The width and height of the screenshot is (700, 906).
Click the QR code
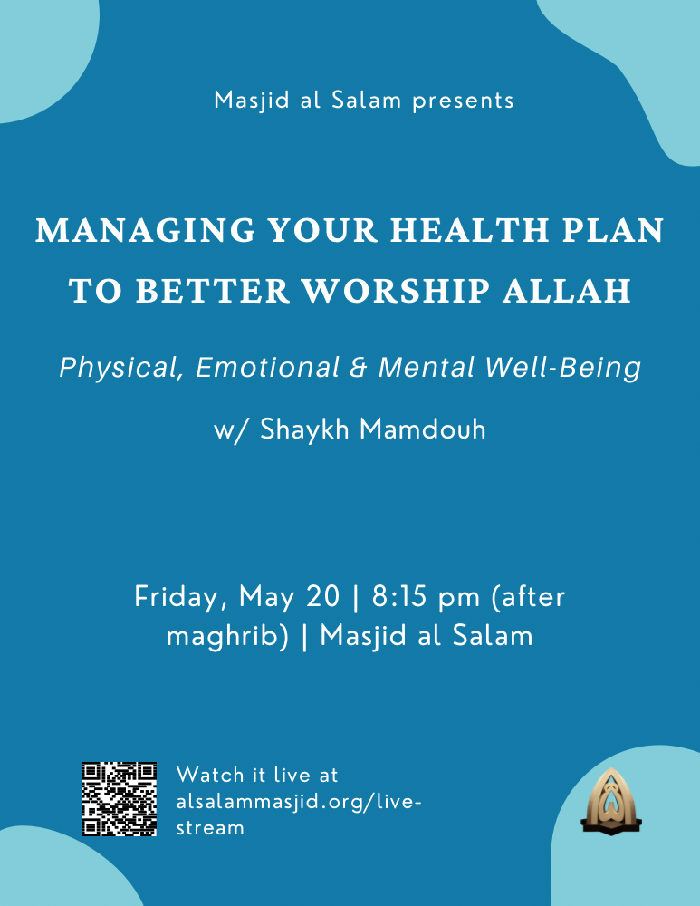119,799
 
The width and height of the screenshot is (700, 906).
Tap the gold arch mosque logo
611,802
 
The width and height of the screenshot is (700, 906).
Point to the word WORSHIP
397,291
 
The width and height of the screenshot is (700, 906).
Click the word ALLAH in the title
567,291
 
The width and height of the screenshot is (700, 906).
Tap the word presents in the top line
464,101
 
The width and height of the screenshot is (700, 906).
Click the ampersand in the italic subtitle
358,368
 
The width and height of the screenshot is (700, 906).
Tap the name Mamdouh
422,429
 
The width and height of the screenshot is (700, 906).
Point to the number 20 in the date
323,596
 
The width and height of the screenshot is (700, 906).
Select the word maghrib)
227,637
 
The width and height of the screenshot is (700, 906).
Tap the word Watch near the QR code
210,775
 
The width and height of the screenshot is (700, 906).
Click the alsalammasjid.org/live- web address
299,803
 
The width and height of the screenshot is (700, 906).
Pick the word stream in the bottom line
210,828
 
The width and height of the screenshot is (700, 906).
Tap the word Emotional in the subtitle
267,368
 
